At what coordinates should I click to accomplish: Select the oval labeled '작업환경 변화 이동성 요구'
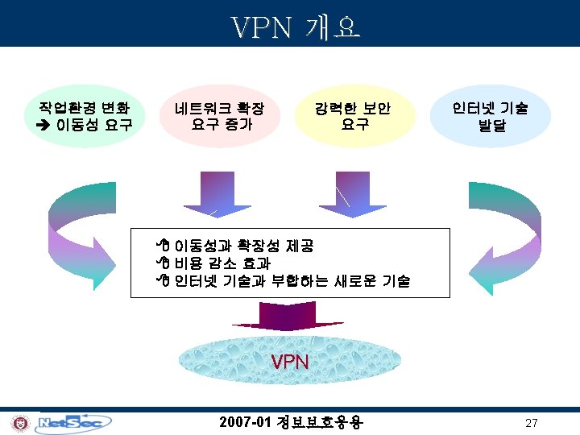tap(81, 116)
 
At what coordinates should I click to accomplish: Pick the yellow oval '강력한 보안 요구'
tap(354, 116)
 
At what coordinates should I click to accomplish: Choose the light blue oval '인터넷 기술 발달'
tap(490, 116)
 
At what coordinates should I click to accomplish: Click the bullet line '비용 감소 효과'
tap(222, 263)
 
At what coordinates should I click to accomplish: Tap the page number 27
tap(531, 424)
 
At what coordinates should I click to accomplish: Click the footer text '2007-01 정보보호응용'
tap(291, 422)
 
